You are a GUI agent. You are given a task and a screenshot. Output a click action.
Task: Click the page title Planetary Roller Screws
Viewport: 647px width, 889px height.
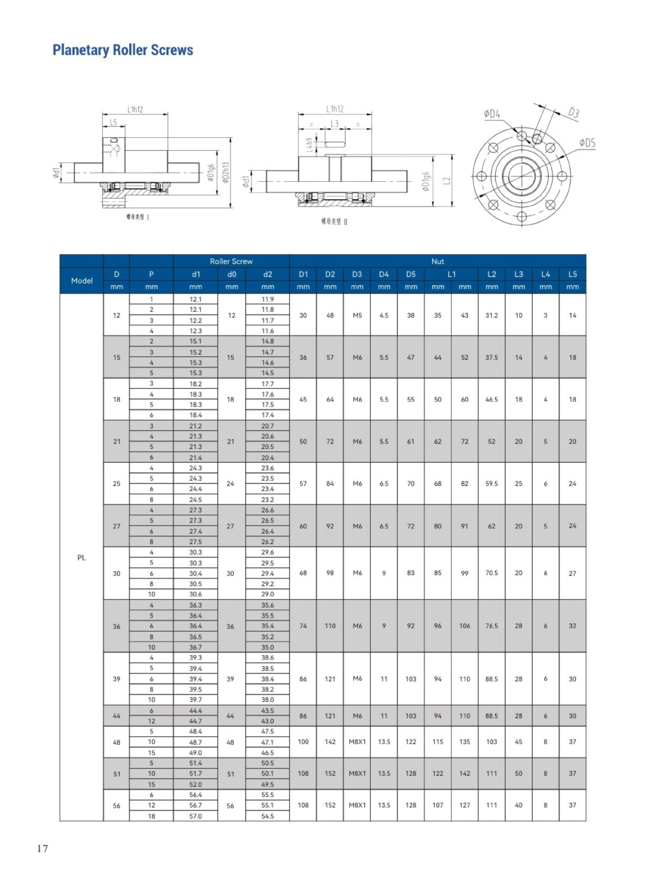coord(123,50)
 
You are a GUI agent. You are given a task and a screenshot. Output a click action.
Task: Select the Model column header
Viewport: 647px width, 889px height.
coord(82,281)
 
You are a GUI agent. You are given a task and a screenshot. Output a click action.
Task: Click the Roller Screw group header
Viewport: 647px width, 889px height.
coord(231,261)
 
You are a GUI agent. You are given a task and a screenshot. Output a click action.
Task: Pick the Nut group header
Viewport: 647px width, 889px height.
coord(437,261)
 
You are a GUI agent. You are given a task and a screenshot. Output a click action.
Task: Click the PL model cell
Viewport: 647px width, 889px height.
coord(82,558)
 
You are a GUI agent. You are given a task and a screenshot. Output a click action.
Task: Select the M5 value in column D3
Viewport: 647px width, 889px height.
coord(357,315)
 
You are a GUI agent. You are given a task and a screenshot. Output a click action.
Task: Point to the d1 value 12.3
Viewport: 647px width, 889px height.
coord(195,331)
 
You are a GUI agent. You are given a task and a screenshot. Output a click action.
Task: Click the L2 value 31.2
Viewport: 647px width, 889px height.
coord(491,315)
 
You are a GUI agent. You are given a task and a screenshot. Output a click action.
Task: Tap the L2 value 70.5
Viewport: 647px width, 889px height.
coord(491,573)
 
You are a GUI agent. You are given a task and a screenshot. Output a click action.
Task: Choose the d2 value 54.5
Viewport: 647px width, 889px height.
coord(267,816)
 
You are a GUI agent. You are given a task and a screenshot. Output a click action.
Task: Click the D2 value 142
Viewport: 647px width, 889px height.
coord(330,742)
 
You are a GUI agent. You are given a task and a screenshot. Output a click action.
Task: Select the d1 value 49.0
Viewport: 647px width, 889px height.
coord(195,753)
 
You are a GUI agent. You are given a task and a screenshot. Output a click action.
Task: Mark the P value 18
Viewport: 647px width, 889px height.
coord(151,816)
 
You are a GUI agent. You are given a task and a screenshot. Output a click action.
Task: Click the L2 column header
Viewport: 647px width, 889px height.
coord(491,274)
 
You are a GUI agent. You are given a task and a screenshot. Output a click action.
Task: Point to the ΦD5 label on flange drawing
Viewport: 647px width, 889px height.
coord(587,143)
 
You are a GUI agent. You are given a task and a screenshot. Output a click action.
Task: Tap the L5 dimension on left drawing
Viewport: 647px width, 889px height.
coord(113,122)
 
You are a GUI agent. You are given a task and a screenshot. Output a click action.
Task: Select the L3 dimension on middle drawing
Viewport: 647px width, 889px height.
coord(334,124)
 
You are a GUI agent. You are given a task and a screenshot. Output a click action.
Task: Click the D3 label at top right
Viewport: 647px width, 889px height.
coord(573,113)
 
